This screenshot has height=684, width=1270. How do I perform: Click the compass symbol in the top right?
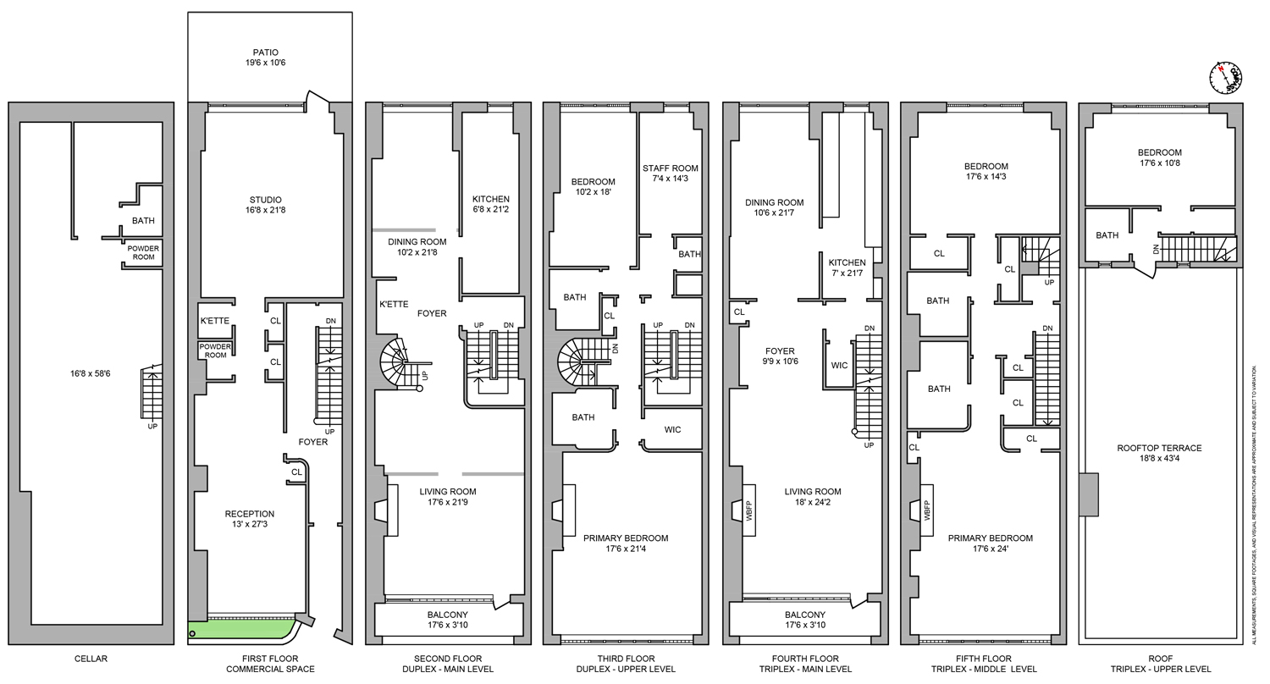pyautogui.click(x=1224, y=77)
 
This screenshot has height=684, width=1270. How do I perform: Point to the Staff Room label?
pyautogui.click(x=670, y=173)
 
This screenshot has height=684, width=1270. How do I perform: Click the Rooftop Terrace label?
pyautogui.click(x=1159, y=454)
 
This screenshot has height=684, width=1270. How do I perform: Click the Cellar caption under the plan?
pyautogui.click(x=91, y=659)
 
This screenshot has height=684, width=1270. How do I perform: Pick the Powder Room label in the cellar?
pyautogui.click(x=143, y=252)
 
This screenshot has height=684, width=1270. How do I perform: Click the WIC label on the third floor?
pyautogui.click(x=672, y=430)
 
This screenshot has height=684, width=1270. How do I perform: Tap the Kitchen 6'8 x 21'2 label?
pyautogui.click(x=491, y=205)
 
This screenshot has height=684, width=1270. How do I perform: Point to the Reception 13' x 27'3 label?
pyautogui.click(x=249, y=519)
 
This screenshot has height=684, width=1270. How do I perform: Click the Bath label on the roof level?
pyautogui.click(x=1107, y=235)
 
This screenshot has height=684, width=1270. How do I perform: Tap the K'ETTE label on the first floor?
pyautogui.click(x=214, y=322)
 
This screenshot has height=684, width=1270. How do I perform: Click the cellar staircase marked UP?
pyautogui.click(x=152, y=392)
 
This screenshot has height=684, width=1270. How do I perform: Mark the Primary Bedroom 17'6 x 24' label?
pyautogui.click(x=990, y=543)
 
